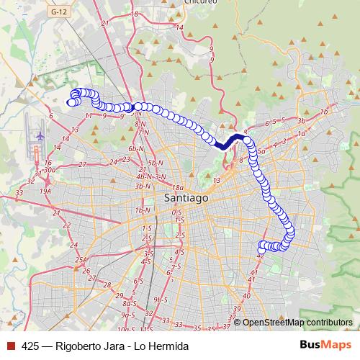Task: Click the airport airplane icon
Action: point(40,135)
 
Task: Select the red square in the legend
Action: point(10,346)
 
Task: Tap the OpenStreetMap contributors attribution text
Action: point(297,323)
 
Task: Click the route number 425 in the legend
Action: point(30,346)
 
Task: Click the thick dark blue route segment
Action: point(229,141)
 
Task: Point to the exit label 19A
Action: point(46,191)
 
